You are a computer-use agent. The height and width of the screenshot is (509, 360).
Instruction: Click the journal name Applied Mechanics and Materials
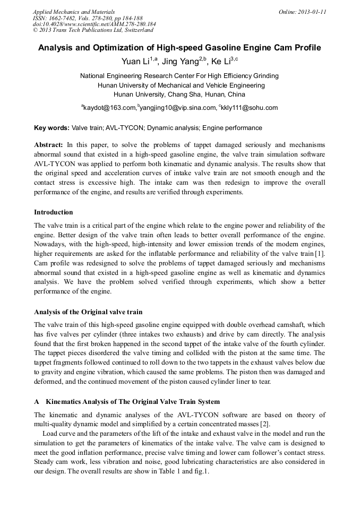(x=74, y=11)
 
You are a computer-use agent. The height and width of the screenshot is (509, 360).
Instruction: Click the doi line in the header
(x=95, y=24)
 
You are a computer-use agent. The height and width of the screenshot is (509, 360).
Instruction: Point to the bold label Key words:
(x=52, y=128)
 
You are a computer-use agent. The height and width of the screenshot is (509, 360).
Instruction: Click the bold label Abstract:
(x=48, y=144)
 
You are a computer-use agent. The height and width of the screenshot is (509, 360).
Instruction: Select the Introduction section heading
(x=54, y=212)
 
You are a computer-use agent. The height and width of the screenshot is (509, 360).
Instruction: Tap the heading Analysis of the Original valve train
(x=88, y=312)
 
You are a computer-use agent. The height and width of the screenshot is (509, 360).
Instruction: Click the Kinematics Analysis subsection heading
(x=132, y=401)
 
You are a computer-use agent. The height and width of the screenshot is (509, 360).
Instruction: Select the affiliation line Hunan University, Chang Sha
(x=179, y=94)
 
